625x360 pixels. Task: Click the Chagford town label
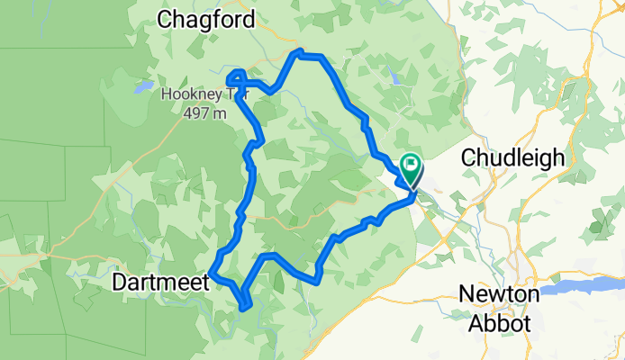coord(207,19)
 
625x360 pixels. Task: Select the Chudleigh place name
coord(512,157)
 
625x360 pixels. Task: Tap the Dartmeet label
coord(160,282)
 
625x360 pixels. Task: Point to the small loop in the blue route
coord(236,77)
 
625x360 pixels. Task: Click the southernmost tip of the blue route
coord(245,309)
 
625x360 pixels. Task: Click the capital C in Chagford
coord(166,19)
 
